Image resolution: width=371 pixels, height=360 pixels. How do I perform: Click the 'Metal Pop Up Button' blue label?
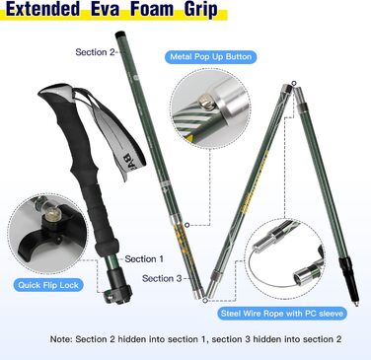[210, 57]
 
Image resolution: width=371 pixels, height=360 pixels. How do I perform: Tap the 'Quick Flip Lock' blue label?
[48, 285]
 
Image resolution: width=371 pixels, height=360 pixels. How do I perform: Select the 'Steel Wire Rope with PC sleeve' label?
[282, 314]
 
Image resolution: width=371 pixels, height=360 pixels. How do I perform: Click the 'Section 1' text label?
[144, 259]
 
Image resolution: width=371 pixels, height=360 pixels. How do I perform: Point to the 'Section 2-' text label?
[95, 52]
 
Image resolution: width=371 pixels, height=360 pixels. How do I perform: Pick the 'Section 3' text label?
[162, 278]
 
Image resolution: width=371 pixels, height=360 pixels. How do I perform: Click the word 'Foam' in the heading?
[152, 9]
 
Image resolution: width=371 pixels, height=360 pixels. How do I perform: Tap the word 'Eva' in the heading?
[105, 9]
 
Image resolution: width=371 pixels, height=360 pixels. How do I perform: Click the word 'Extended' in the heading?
[42, 9]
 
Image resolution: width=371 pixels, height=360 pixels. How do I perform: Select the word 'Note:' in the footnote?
[61, 339]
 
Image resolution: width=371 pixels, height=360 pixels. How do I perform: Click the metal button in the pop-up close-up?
[206, 101]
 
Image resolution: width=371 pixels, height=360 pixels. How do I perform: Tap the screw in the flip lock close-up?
[51, 215]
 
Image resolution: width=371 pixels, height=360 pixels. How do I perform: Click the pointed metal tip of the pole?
[355, 303]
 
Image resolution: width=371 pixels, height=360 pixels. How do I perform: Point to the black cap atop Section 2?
[119, 34]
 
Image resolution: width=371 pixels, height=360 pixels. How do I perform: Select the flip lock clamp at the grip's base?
[117, 289]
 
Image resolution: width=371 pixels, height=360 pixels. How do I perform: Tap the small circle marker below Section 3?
[205, 300]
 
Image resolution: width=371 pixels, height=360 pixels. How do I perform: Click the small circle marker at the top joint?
[294, 83]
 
